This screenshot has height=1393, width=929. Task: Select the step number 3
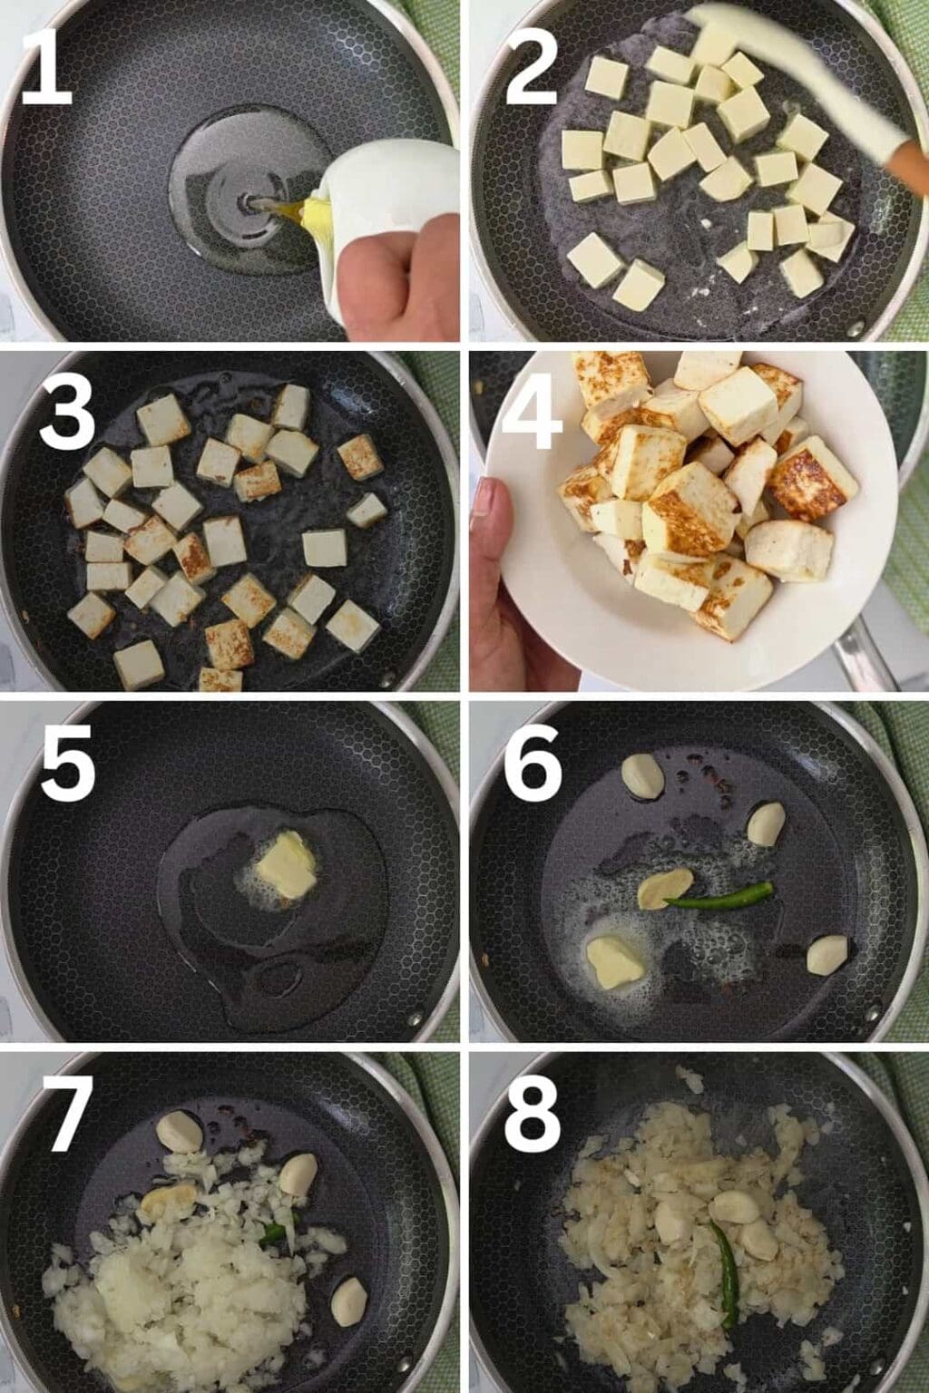tap(66, 412)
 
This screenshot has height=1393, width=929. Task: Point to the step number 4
tap(532, 412)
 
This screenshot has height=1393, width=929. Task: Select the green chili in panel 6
tap(721, 893)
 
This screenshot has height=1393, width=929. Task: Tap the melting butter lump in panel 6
tap(615, 961)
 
